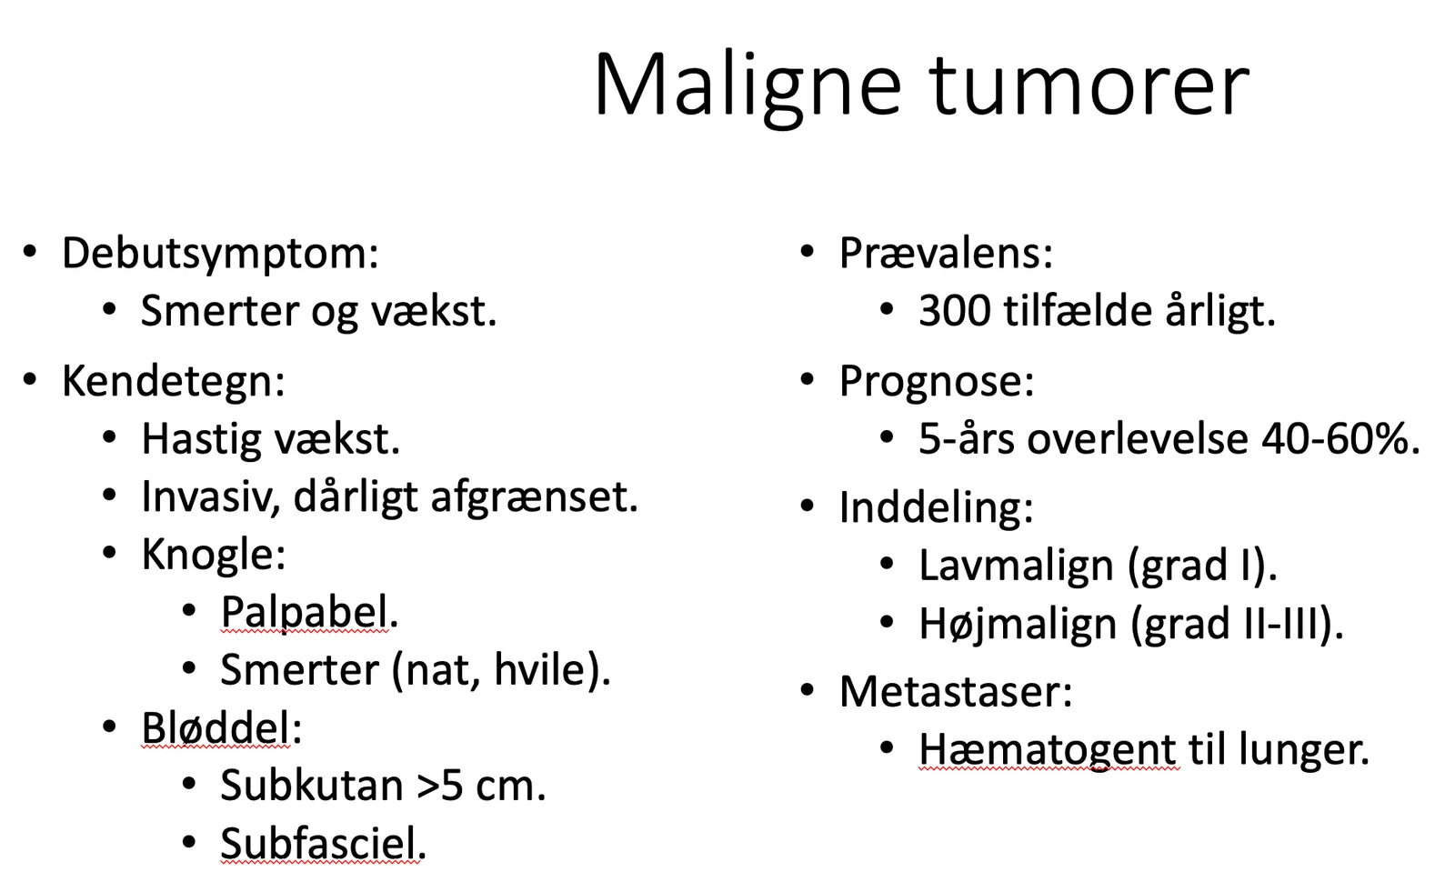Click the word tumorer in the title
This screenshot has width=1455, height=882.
coord(1089,85)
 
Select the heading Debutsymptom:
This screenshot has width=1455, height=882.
coord(220,255)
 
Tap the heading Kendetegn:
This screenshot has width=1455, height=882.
coord(174,381)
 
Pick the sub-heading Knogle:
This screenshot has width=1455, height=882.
coord(214,556)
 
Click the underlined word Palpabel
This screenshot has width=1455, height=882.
coord(305,613)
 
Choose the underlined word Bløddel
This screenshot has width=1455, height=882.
coord(216,728)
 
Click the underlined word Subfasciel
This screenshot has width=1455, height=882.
coord(318,844)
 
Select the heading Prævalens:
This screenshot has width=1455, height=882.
coord(946,254)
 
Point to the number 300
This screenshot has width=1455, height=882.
coord(955,311)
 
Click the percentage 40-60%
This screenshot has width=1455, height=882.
coord(1340,440)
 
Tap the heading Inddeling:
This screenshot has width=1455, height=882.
coord(936,508)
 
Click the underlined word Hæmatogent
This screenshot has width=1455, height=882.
coord(1047,750)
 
